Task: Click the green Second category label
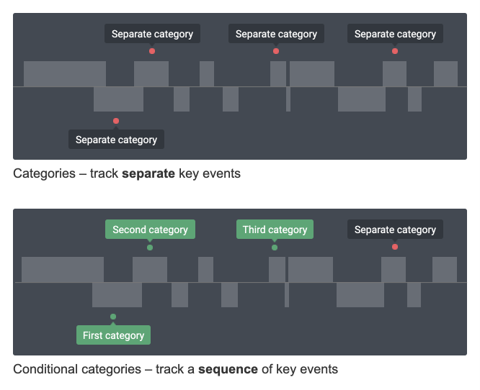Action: click(x=150, y=230)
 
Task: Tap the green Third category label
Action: click(x=275, y=230)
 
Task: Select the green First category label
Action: click(x=113, y=335)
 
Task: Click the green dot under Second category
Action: click(x=150, y=248)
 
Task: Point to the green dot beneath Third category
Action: click(x=275, y=248)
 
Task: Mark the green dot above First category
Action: click(x=113, y=317)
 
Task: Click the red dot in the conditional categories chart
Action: click(x=395, y=248)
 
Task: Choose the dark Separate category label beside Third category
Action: click(x=395, y=230)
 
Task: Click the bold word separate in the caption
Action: click(x=148, y=173)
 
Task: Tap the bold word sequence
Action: click(x=228, y=369)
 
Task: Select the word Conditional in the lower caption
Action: click(x=42, y=369)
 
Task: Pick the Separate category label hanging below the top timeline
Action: click(x=116, y=140)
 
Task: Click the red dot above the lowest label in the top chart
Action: click(x=116, y=121)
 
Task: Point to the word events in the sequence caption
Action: click(x=319, y=369)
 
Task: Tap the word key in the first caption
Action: click(x=190, y=173)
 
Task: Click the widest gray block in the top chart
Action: click(x=65, y=74)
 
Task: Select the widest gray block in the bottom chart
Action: click(x=63, y=269)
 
